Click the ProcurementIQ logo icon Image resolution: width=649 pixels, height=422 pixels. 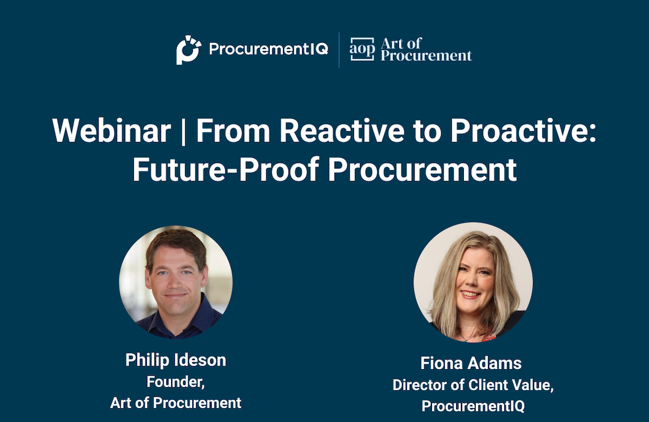coord(188,49)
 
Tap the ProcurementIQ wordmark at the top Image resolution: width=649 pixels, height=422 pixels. coord(268,49)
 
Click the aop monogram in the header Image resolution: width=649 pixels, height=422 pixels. coord(362,49)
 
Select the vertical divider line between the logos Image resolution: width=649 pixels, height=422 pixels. coord(339,49)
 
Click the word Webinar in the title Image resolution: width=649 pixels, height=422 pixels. coord(111,131)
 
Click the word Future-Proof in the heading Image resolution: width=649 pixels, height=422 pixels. coord(225,169)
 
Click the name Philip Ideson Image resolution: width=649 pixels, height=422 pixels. coord(175,360)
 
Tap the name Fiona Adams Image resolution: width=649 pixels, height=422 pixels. coord(471,363)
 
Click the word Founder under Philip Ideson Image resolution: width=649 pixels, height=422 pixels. coord(173,382)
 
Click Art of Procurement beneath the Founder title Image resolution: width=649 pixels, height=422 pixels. coord(175,403)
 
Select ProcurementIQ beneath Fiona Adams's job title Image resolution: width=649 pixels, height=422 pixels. coord(473,406)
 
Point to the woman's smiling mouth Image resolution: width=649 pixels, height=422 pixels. coord(471,295)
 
